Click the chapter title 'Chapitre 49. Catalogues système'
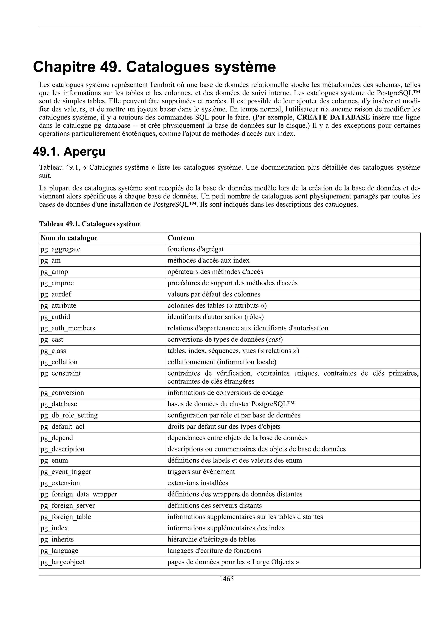pos(154,67)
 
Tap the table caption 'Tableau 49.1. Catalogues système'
pos(90,224)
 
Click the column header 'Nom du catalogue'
pos(69,238)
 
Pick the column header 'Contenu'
pos(181,238)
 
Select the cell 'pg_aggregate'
pos(60,249)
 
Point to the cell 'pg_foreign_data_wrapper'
pos(79,494)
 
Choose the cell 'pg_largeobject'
pos(62,562)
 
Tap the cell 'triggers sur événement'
pos(201,472)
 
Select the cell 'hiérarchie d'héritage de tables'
pos(211,539)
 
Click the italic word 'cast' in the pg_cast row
pos(274,339)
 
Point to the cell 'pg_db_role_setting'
pos(69,415)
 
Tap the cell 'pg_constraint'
pos(61,373)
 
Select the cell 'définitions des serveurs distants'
pos(214,505)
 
